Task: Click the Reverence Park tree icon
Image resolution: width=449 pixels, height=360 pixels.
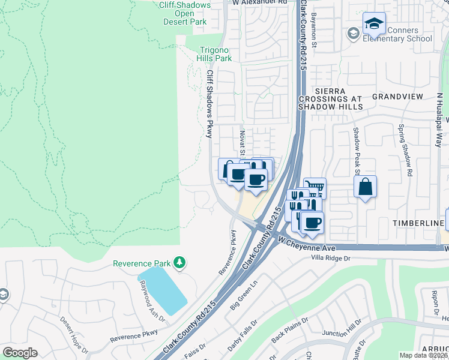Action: click(x=179, y=263)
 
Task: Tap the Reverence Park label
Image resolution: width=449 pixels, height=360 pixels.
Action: click(x=142, y=263)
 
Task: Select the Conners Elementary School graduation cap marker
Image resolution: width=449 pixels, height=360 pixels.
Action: click(x=374, y=25)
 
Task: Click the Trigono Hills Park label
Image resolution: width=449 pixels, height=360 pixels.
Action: click(x=214, y=55)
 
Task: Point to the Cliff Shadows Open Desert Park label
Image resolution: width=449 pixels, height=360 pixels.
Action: click(x=184, y=13)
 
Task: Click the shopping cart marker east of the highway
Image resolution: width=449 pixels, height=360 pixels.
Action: click(x=315, y=188)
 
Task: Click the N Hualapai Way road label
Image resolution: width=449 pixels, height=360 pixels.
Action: click(x=439, y=120)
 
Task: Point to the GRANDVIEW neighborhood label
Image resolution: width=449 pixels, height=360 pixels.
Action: click(x=398, y=96)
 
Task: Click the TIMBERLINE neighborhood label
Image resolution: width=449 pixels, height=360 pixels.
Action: click(x=418, y=223)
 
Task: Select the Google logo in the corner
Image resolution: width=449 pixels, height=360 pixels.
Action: click(x=20, y=353)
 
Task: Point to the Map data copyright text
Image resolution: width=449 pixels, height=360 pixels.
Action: click(x=424, y=355)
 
